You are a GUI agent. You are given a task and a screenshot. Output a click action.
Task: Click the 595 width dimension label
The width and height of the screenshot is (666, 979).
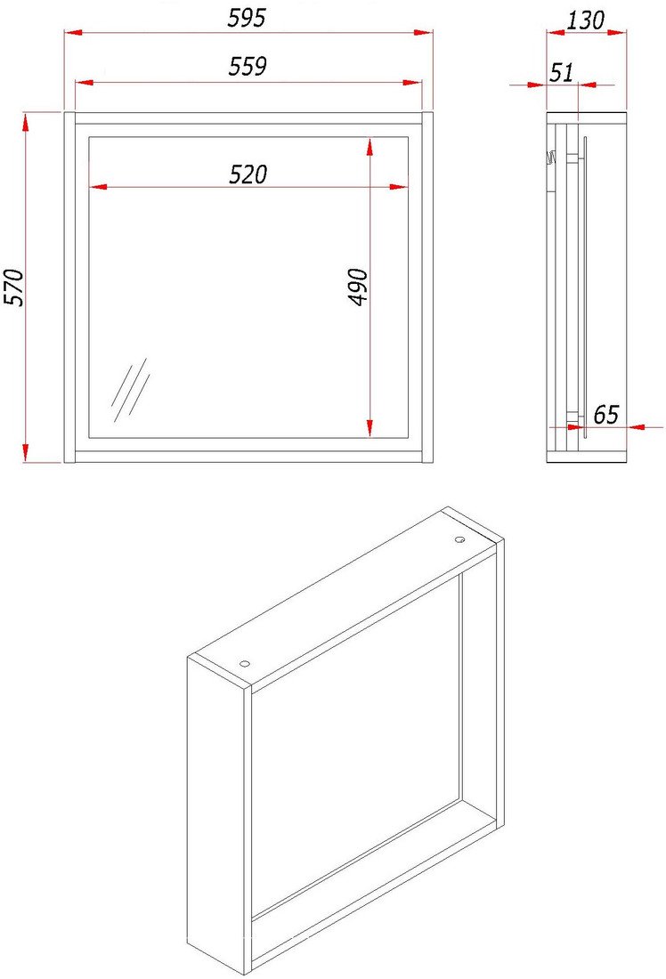[246, 18]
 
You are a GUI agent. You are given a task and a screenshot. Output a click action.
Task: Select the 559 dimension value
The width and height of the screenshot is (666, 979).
[248, 66]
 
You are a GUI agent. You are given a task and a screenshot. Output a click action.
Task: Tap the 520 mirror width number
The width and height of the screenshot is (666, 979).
[248, 174]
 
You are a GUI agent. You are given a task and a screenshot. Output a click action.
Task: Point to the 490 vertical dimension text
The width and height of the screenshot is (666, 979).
[358, 287]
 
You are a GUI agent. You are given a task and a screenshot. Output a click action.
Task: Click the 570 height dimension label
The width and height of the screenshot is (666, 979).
[13, 287]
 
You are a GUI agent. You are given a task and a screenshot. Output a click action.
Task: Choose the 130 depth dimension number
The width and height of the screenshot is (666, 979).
[585, 20]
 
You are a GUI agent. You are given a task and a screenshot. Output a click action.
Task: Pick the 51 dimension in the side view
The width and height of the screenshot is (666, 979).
[562, 72]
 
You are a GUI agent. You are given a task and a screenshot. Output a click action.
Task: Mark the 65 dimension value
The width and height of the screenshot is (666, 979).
[605, 414]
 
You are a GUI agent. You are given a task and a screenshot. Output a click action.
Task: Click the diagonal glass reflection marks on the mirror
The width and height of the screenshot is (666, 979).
[130, 390]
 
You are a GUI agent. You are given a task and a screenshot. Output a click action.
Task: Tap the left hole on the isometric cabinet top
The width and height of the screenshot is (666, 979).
[244, 663]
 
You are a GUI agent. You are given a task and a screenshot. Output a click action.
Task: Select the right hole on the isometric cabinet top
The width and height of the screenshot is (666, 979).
[459, 539]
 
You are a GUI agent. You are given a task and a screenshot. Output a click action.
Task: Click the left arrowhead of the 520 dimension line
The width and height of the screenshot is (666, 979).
[99, 186]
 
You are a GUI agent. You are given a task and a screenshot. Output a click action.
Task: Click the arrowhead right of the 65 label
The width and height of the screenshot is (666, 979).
[637, 427]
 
